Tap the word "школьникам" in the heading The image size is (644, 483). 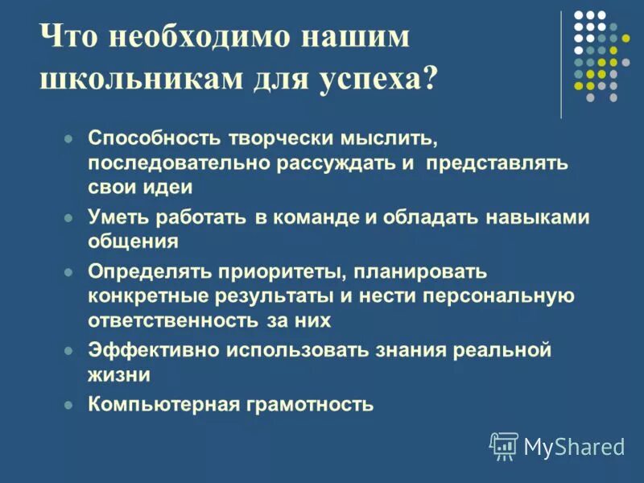tap(135, 80)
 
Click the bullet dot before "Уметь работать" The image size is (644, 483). tap(69, 217)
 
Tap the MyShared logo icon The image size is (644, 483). tap(504, 445)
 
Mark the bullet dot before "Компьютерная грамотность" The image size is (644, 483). tap(69, 405)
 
